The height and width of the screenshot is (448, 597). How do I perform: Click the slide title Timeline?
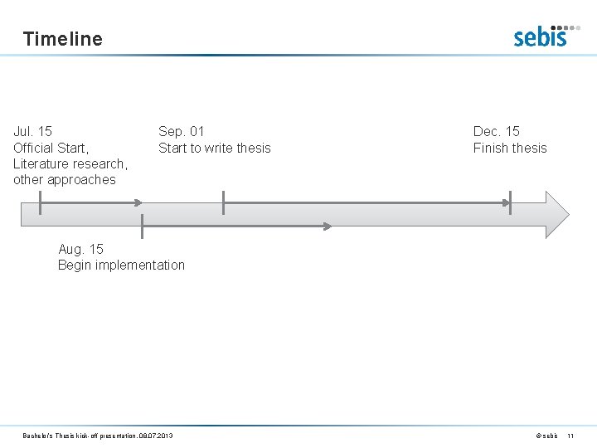coord(63,38)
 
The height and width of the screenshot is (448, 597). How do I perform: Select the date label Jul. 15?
coord(33,131)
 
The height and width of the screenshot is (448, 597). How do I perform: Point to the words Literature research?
coord(70,163)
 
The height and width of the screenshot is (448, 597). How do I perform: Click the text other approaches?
coord(65,179)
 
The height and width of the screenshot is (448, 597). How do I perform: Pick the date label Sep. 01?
coord(181,131)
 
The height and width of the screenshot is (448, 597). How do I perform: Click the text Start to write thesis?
coord(214,148)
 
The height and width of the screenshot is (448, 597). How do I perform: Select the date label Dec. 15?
coord(496,131)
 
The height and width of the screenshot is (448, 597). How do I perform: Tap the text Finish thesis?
coord(510,148)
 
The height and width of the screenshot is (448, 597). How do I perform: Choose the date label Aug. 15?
coord(81,249)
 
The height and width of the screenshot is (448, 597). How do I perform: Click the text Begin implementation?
coord(121,265)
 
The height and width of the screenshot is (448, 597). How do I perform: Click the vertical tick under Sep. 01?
coord(223,202)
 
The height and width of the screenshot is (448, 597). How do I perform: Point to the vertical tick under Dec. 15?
coord(510,202)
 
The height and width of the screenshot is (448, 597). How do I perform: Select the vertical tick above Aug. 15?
coord(143,226)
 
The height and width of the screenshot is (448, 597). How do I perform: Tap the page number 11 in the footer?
coord(570,436)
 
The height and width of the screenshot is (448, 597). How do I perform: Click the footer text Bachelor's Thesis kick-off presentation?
coord(98,436)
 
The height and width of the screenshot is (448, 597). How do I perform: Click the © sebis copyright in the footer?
coord(546,436)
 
